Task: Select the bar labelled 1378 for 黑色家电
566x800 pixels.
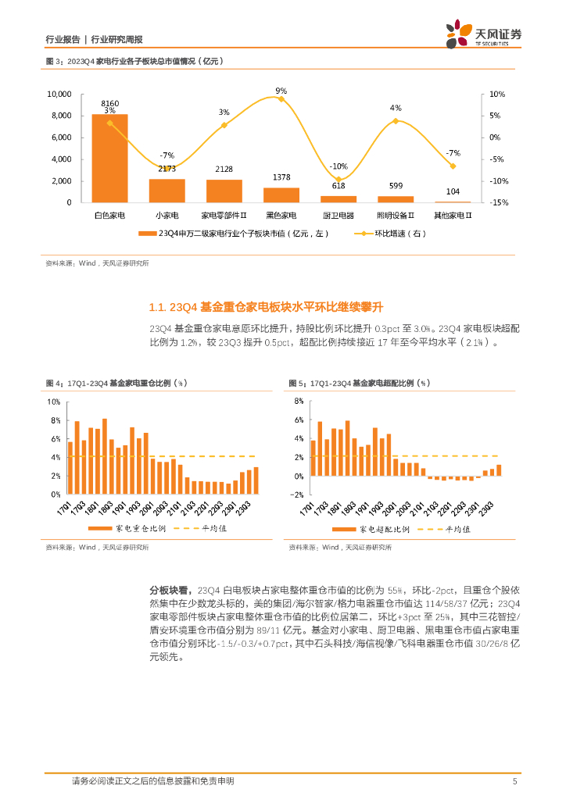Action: coord(281,195)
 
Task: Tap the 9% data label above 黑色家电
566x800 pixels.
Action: coord(281,91)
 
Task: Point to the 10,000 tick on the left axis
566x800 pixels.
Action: coord(59,94)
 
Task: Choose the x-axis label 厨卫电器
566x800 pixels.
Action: coord(339,215)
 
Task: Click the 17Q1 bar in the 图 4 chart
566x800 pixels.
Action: coord(70,468)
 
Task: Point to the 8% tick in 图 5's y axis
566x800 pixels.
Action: coord(298,402)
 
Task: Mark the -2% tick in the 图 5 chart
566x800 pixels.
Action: coord(296,495)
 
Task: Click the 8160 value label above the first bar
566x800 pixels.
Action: coord(109,103)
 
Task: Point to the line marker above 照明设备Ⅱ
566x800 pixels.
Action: coord(396,121)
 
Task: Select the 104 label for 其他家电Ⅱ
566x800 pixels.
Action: coord(453,192)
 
